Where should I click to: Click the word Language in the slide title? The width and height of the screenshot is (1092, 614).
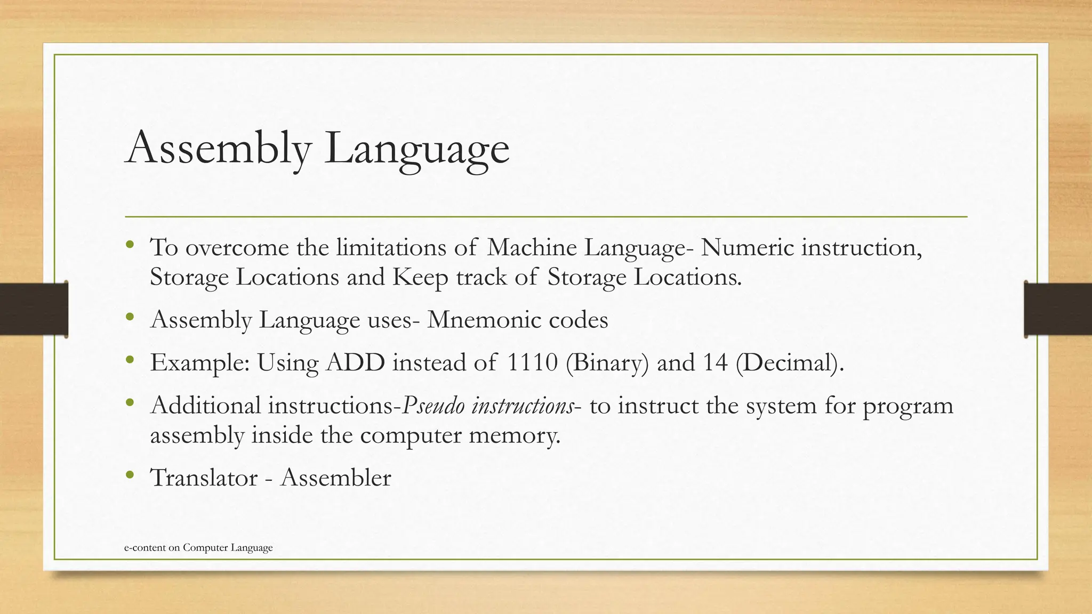(x=416, y=149)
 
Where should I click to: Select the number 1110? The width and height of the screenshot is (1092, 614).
(x=532, y=363)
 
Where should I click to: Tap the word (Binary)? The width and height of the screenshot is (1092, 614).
(x=607, y=363)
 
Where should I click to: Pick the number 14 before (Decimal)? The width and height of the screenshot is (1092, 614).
(x=715, y=363)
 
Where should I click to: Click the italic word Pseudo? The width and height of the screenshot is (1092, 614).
(x=432, y=406)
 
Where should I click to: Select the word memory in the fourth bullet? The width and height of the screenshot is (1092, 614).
(x=514, y=436)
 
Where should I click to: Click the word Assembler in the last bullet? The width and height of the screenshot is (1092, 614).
(x=335, y=478)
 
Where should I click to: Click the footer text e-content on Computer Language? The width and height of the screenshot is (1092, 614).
(x=198, y=548)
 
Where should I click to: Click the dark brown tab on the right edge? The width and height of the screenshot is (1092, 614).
(x=1058, y=309)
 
